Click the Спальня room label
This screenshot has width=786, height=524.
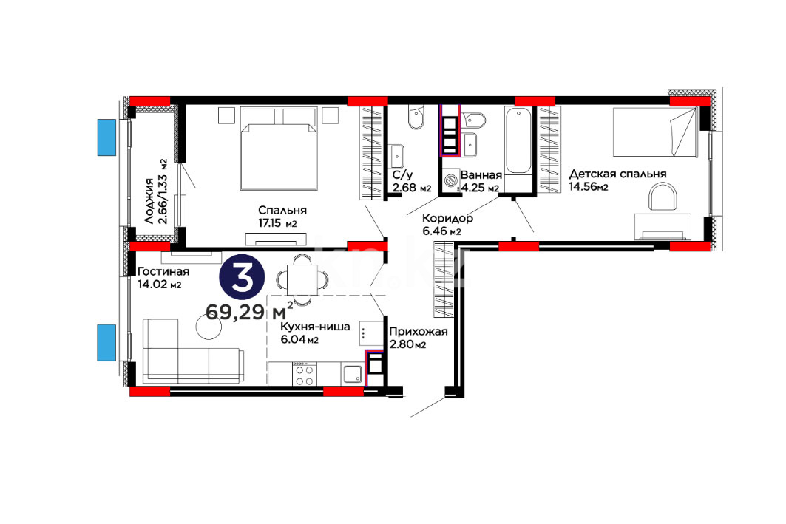coord(282,210)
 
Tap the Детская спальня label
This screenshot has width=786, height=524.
coord(617,174)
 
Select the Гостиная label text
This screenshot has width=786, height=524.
coord(163,271)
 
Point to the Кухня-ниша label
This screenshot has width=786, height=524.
coord(315,327)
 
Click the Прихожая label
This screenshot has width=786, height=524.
coord(418,332)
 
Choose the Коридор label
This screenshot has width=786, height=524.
coord(447,219)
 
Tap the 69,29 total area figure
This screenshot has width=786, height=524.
coord(235,312)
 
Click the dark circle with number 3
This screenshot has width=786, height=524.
coord(242,278)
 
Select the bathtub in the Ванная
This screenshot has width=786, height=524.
coord(518,141)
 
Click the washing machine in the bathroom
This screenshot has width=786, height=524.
coord(451,180)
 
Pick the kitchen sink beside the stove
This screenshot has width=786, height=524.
coord(353,374)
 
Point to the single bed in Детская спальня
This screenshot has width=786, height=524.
coord(654,132)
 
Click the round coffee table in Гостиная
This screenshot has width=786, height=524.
coord(209,327)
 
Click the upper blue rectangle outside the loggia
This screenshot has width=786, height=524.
coord(106,137)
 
